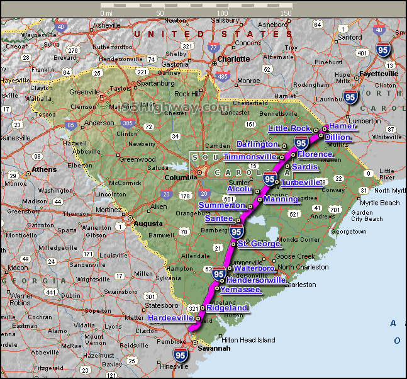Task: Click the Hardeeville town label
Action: tap(170, 318)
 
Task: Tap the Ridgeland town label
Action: tap(227, 308)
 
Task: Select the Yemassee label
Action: tap(240, 290)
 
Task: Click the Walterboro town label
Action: tap(254, 268)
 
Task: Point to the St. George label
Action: tap(259, 243)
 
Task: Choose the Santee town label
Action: tap(220, 218)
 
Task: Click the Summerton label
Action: tap(221, 205)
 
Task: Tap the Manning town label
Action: tap(281, 199)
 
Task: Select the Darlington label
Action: tap(257, 144)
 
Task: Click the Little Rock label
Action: tap(289, 128)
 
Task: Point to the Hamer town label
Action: tap(343, 126)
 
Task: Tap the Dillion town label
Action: tap(338, 137)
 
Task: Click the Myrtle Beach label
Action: tap(379, 203)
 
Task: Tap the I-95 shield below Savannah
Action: tap(181, 355)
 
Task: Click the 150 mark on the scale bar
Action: tap(286, 13)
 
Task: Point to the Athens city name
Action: tap(44, 169)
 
